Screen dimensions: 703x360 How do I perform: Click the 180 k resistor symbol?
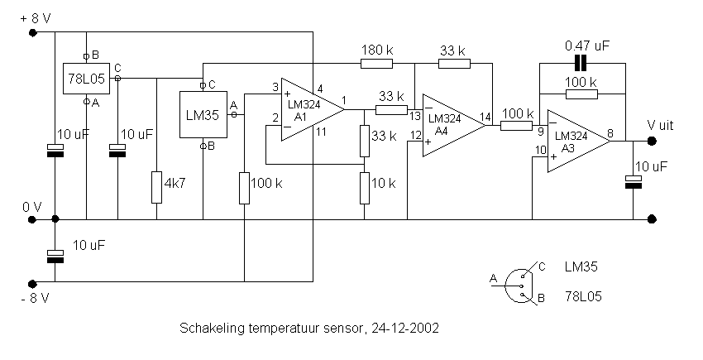click(376, 64)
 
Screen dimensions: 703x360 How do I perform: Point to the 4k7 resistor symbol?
click(156, 187)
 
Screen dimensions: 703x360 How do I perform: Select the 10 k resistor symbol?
click(365, 187)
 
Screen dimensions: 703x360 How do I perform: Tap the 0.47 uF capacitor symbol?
click(581, 64)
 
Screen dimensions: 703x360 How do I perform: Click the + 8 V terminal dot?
click(32, 32)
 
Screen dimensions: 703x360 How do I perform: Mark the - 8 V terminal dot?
click(32, 284)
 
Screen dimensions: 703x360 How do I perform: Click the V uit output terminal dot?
click(652, 142)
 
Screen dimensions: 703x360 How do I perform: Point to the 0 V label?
click(32, 208)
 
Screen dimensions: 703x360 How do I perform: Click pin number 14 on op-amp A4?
click(485, 118)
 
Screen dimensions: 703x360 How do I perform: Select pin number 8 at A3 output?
click(610, 133)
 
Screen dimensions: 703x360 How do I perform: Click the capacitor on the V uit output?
click(634, 182)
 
